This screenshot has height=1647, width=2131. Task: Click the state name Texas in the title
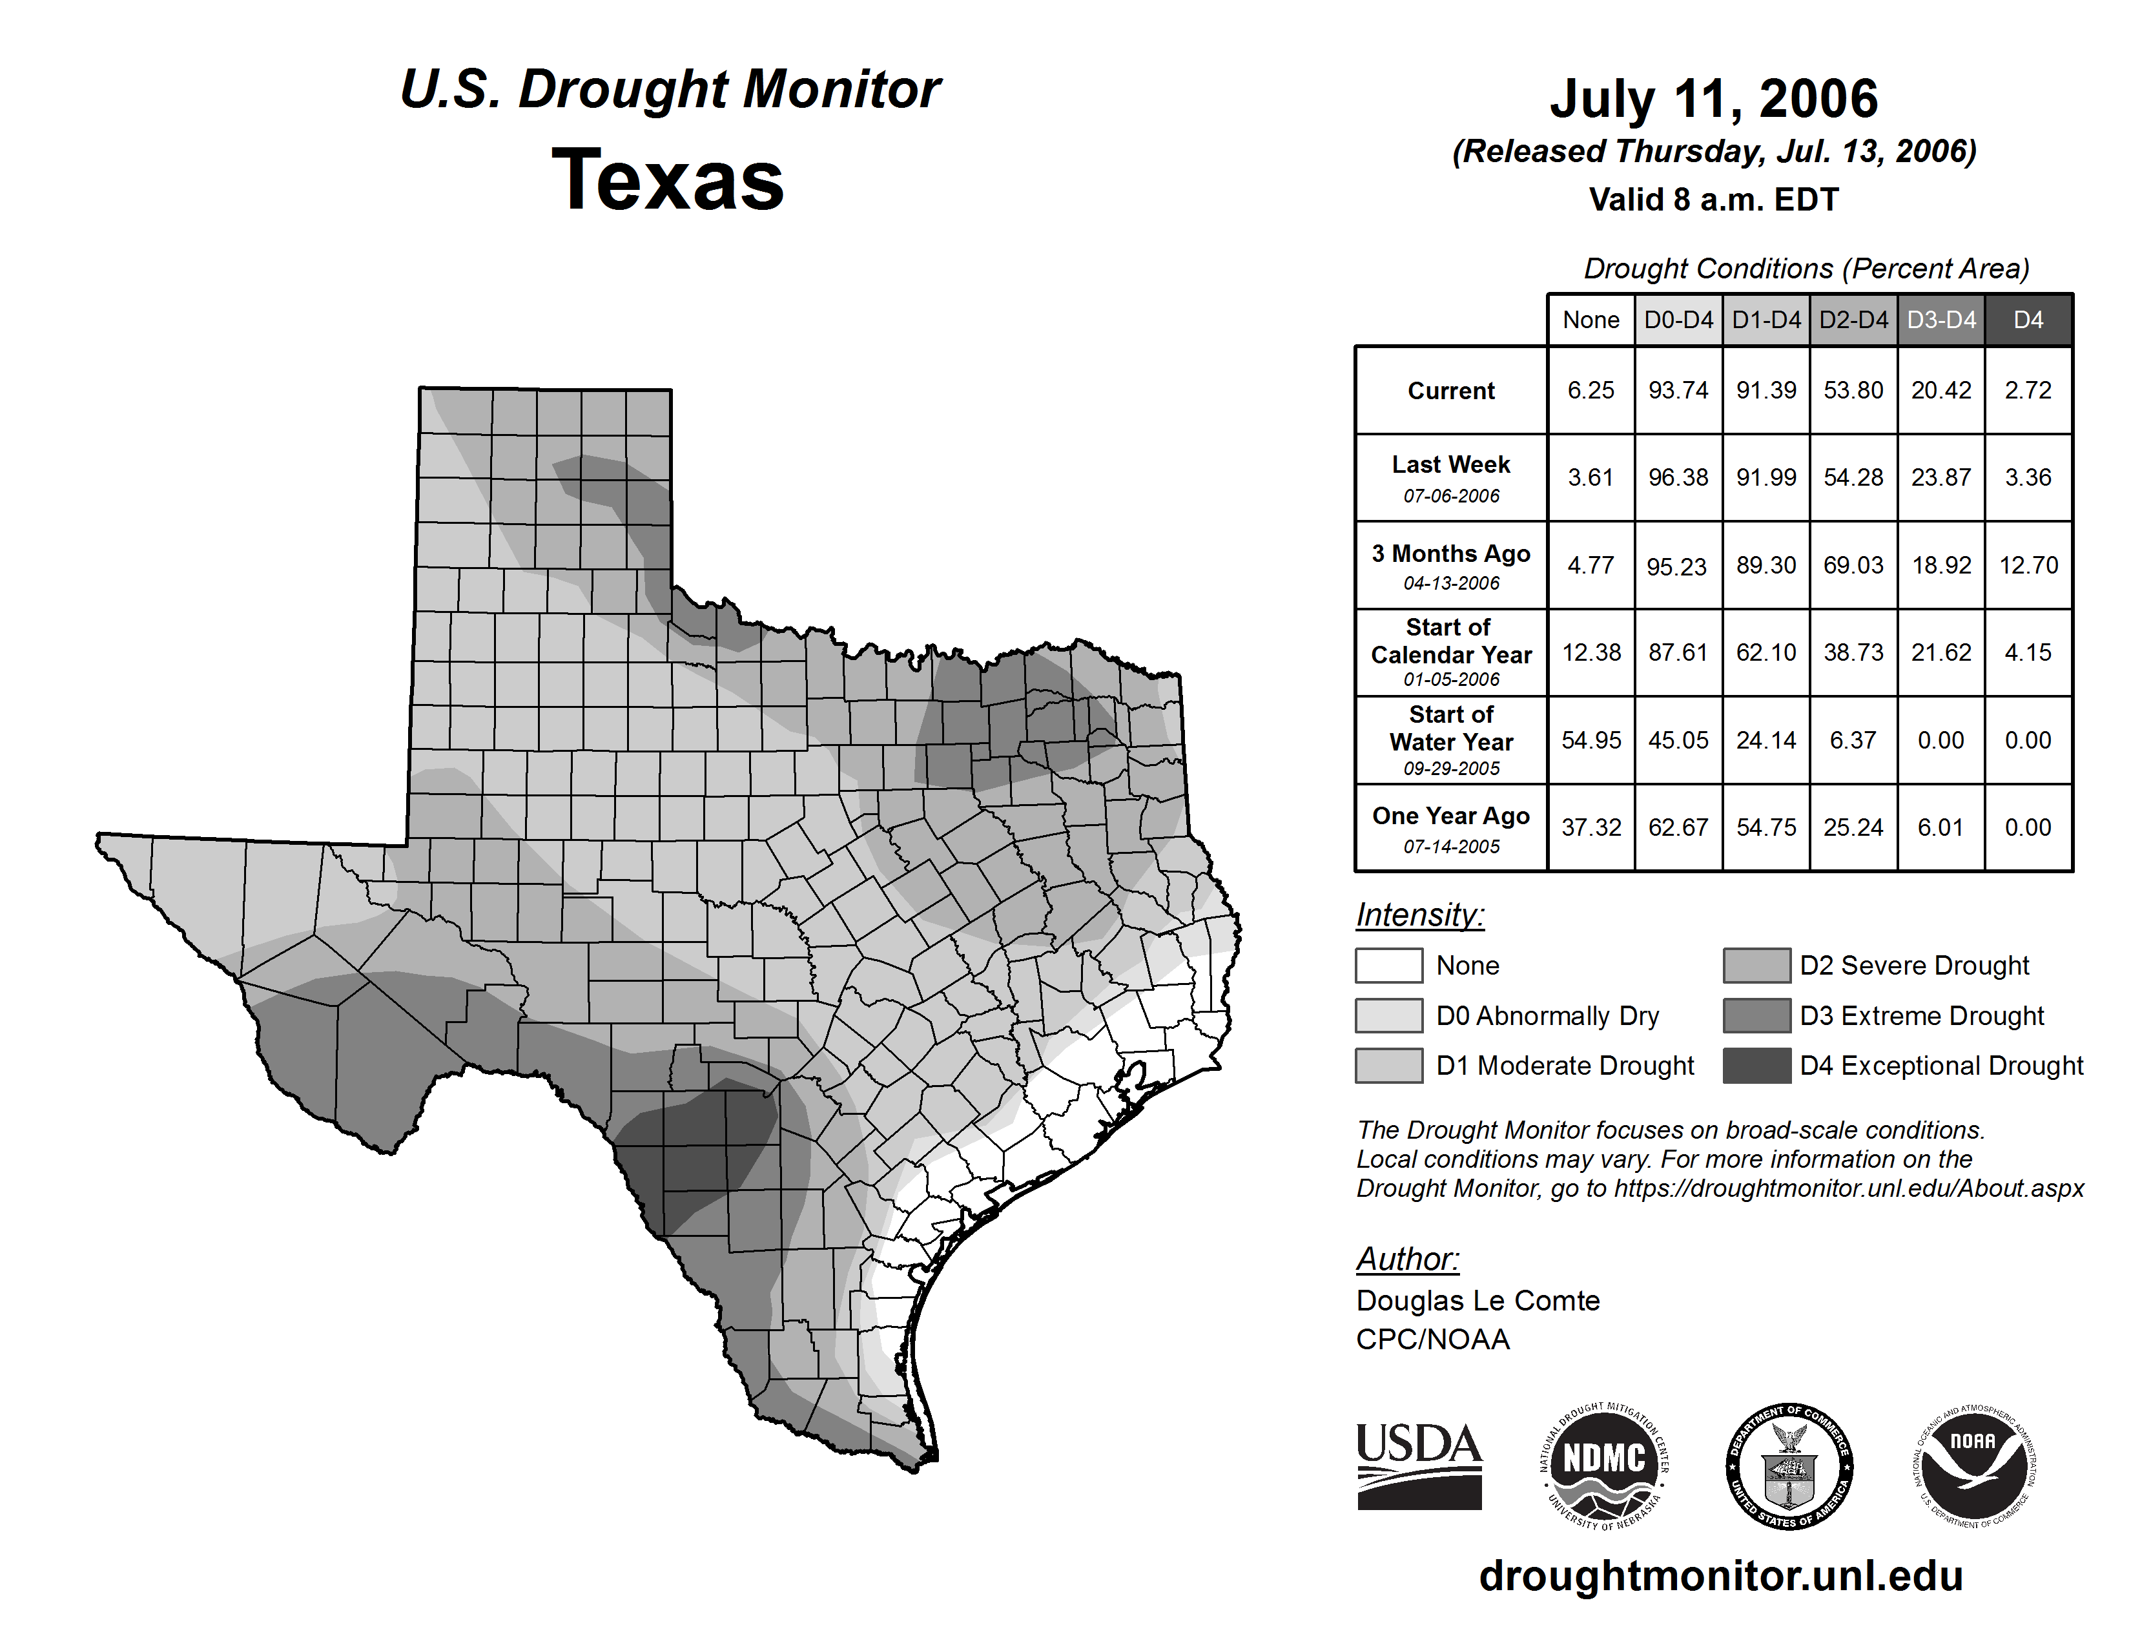tap(668, 180)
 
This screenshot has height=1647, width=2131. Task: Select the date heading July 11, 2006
tap(1713, 99)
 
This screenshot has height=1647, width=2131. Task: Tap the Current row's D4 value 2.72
tap(2028, 390)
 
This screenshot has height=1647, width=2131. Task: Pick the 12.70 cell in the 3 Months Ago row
tap(2028, 565)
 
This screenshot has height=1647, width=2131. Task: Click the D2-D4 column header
tap(1853, 320)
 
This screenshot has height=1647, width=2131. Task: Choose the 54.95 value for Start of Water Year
tap(1591, 740)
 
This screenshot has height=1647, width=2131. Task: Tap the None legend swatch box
tap(1388, 965)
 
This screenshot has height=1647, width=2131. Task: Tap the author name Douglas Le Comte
tap(1477, 1301)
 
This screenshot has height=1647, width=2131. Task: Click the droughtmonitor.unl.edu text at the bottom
tap(1720, 1577)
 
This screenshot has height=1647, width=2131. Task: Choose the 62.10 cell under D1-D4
tap(1765, 652)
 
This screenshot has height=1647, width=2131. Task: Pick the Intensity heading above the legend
tap(1419, 915)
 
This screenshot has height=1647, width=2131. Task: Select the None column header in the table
tap(1591, 320)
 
